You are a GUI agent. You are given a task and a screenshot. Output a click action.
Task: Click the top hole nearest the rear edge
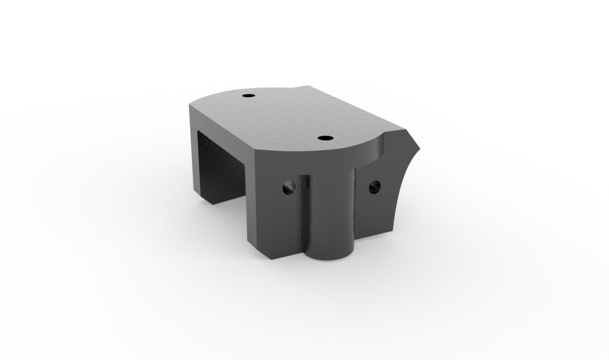pyautogui.click(x=249, y=96)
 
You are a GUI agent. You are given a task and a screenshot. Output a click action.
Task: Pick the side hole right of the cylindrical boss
pyautogui.click(x=374, y=187)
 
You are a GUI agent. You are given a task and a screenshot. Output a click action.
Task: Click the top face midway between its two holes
pyautogui.click(x=287, y=117)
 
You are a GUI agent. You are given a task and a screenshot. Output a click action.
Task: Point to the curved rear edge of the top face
pyautogui.click(x=219, y=93)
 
